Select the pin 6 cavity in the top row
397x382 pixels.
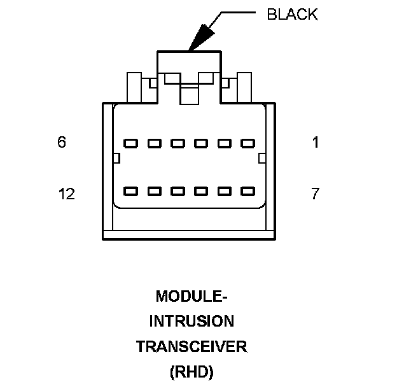pos(130,143)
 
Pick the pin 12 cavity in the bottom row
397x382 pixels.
pos(130,190)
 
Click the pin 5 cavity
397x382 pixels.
pos(154,143)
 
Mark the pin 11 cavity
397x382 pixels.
pos(154,190)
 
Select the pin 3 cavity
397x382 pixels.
pos(200,143)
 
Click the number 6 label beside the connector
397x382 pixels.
pos(61,143)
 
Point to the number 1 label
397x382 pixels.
pos(316,143)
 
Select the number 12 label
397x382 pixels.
pos(66,194)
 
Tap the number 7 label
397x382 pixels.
pos(315,194)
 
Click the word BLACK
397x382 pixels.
pos(292,15)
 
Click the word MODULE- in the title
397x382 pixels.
pos(192,297)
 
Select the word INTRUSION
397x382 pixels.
pos(192,322)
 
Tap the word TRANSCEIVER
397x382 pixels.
pos(192,347)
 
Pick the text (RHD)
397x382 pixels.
pos(192,372)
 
